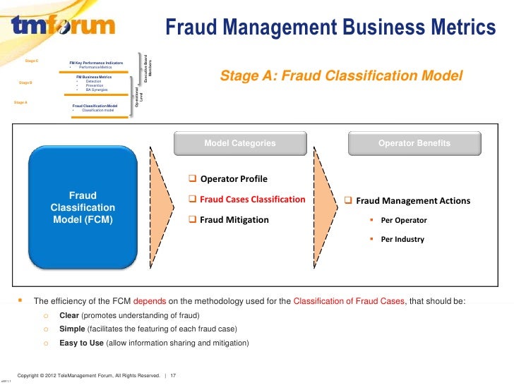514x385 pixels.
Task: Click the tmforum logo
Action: (63, 27)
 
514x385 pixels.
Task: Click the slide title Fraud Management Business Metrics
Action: (330, 28)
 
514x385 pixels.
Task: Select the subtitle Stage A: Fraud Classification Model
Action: (342, 75)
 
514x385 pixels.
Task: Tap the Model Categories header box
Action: (240, 143)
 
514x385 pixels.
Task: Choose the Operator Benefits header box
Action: (414, 143)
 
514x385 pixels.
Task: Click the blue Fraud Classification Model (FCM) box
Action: (83, 207)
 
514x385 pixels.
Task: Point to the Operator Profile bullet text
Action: (234, 178)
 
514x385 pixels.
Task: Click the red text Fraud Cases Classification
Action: (252, 200)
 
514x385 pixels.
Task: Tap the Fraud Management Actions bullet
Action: (412, 201)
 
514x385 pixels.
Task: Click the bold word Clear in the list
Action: (68, 314)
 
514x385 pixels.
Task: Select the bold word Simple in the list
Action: (72, 329)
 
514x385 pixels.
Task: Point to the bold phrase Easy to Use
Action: (81, 343)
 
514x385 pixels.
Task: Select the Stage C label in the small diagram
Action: (31, 61)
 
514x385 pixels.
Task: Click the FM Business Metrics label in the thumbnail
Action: (94, 76)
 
